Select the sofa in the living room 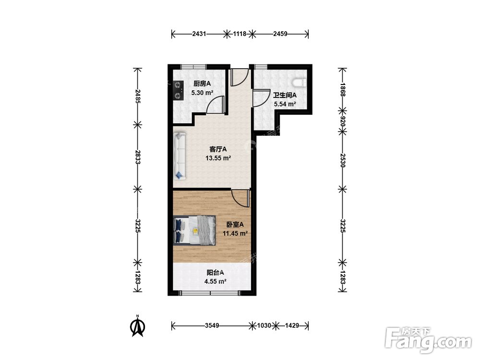[x=180, y=156]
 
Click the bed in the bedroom [x=194, y=230]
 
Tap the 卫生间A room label [x=285, y=95]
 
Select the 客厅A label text [x=218, y=149]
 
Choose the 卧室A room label [x=235, y=225]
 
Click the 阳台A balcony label [x=215, y=273]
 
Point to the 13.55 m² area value [x=218, y=158]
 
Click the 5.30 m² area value [x=202, y=93]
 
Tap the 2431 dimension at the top [x=199, y=34]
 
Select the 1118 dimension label [x=240, y=34]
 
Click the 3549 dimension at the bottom [x=212, y=326]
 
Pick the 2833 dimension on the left [x=138, y=157]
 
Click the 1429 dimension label [x=292, y=326]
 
